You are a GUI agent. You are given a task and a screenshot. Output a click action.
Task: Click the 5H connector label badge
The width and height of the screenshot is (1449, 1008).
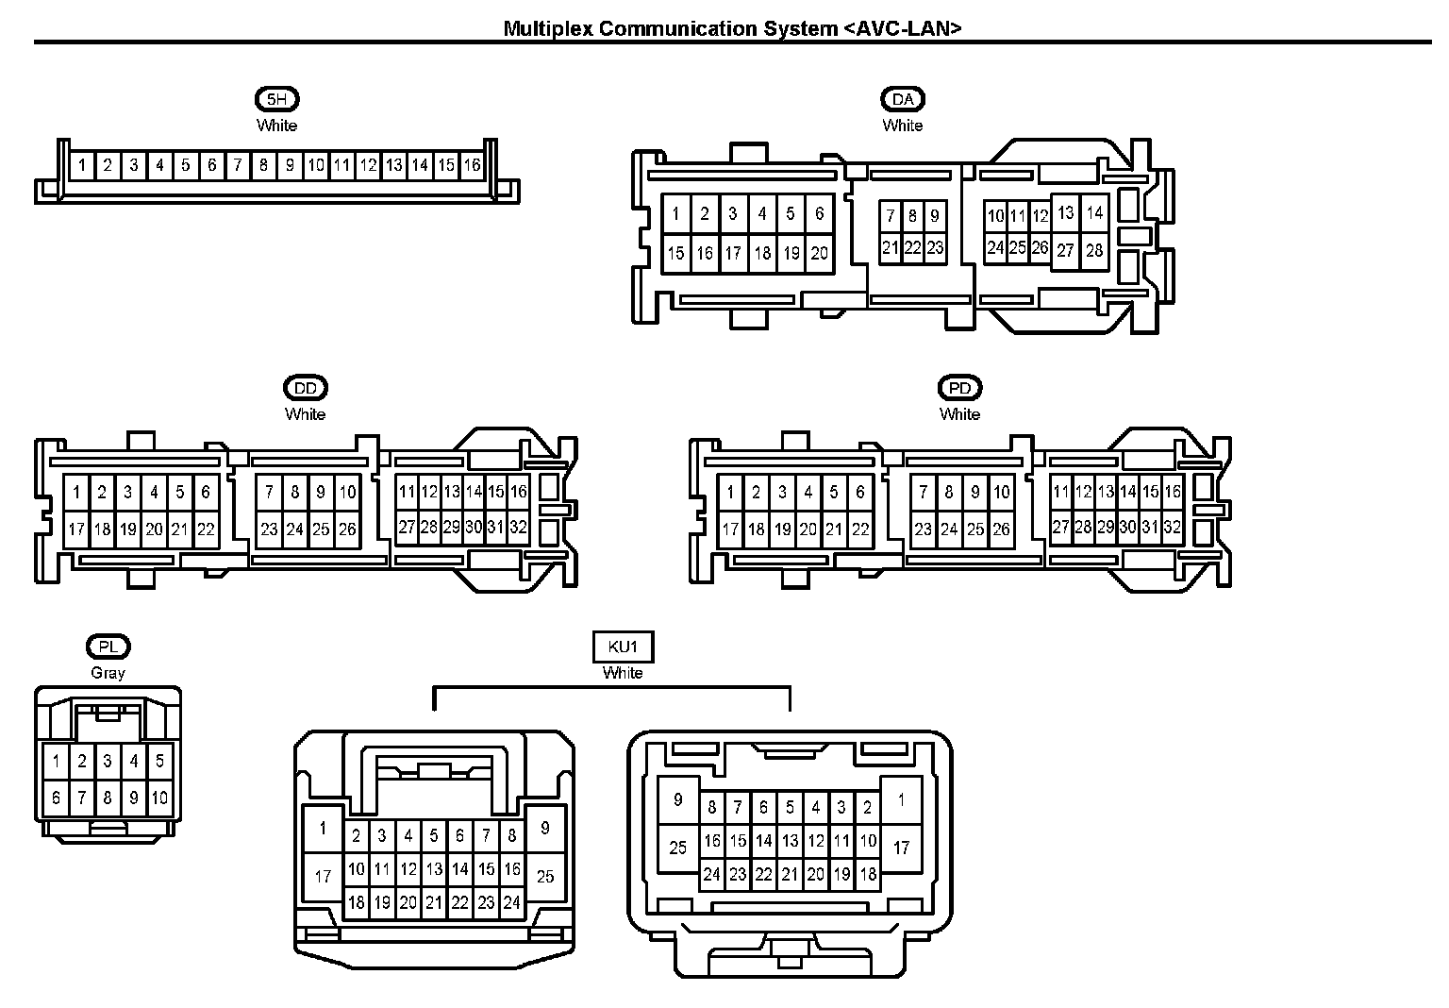click(276, 99)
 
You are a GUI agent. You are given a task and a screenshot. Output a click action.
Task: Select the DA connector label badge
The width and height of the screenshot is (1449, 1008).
click(903, 99)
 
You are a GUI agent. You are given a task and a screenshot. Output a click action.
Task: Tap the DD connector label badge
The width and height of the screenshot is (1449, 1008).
click(306, 388)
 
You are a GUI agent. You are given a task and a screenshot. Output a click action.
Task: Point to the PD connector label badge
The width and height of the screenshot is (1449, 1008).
click(960, 388)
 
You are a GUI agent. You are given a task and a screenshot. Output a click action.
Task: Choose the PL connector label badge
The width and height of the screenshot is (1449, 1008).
click(108, 647)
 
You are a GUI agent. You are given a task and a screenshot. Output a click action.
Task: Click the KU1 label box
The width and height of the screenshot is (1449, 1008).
click(623, 647)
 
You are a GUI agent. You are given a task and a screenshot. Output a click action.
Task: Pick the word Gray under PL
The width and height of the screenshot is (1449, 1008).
click(108, 673)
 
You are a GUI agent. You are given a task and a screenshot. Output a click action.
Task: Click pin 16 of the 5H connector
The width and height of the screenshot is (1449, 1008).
click(473, 165)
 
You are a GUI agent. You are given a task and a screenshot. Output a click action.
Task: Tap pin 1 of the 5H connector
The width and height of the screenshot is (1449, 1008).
click(82, 165)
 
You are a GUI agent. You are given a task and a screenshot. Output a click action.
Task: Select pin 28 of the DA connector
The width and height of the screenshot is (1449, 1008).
click(1094, 250)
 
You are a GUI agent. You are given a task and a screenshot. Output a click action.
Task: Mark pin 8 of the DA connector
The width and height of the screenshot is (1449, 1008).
click(913, 216)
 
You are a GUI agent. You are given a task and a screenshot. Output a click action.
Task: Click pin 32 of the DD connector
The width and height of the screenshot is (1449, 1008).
click(518, 528)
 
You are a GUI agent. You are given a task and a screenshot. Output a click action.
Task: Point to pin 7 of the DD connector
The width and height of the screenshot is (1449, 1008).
click(269, 493)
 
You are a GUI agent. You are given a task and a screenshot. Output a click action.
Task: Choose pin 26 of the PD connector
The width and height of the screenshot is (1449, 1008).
click(1001, 529)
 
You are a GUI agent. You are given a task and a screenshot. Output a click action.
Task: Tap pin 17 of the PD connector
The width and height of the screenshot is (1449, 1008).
click(730, 529)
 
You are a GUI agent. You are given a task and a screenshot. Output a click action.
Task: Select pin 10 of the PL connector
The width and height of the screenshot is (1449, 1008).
click(159, 798)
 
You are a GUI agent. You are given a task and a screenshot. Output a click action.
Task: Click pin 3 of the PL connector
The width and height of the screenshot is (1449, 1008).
click(108, 761)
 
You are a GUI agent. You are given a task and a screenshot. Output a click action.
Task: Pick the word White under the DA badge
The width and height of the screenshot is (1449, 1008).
click(903, 126)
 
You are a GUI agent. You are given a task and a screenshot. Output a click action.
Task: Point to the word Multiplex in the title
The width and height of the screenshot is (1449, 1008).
click(548, 29)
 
